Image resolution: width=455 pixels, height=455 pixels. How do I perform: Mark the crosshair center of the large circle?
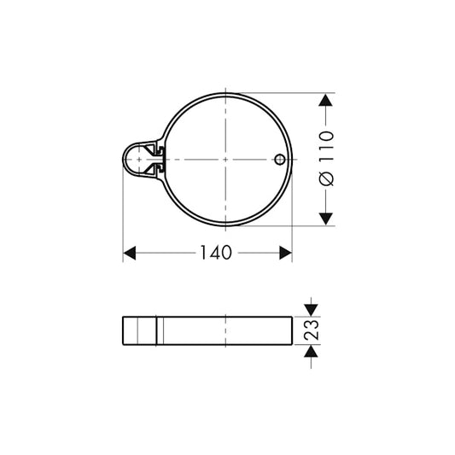[225, 160]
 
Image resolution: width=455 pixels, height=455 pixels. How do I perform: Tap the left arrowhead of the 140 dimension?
[131, 254]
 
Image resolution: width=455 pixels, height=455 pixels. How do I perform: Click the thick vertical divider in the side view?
[159, 330]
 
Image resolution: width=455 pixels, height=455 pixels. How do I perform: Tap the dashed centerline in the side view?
[225, 330]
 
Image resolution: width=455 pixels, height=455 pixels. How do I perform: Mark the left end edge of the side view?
[125, 330]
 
